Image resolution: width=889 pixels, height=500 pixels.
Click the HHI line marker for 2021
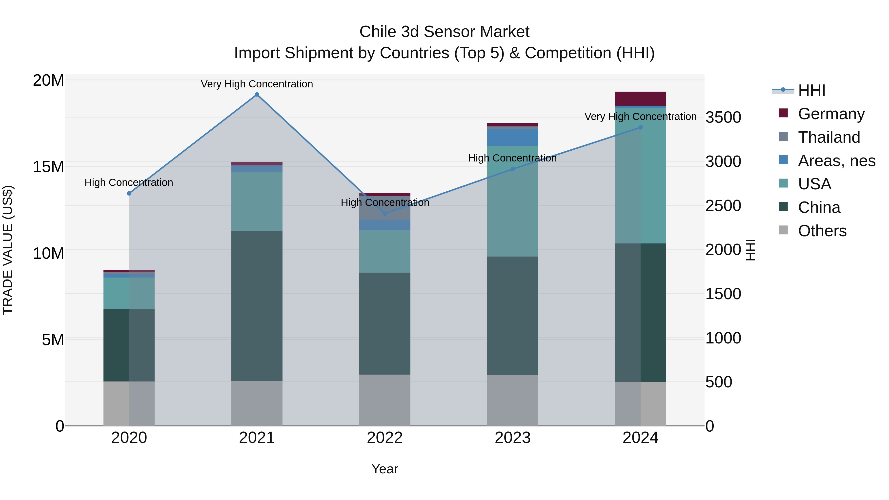pyautogui.click(x=257, y=95)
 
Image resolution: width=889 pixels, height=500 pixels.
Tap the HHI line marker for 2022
pyautogui.click(x=385, y=214)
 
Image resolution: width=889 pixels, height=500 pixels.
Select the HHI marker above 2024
pyautogui.click(x=641, y=127)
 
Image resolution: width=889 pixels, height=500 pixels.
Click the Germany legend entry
pyautogui.click(x=831, y=114)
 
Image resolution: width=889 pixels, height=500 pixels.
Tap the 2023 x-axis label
pyautogui.click(x=512, y=438)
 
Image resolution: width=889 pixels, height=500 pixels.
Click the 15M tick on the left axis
pyautogui.click(x=49, y=167)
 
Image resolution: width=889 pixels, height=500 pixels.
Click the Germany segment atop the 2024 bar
pyautogui.click(x=641, y=99)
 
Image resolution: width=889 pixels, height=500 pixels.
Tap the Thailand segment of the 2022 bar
pyautogui.click(x=385, y=208)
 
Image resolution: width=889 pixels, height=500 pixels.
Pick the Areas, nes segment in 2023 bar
pyautogui.click(x=512, y=137)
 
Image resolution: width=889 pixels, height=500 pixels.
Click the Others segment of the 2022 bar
pyautogui.click(x=385, y=400)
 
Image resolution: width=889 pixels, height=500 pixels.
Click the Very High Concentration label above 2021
pyautogui.click(x=257, y=84)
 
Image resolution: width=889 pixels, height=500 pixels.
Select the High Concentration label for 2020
pyautogui.click(x=129, y=182)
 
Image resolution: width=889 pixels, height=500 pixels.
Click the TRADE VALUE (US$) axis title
pyautogui.click(x=8, y=250)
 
